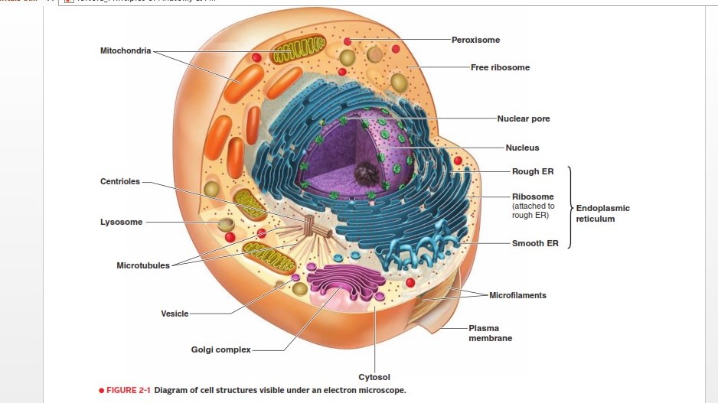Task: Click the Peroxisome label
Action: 475,39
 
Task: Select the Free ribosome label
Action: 500,67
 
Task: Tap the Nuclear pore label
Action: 523,119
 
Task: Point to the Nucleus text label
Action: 522,148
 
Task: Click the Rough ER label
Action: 533,171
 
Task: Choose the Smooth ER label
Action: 535,244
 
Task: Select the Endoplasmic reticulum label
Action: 602,213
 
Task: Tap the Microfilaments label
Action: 517,295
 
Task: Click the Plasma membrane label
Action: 490,333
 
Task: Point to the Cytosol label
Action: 374,377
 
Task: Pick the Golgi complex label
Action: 220,349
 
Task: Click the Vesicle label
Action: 175,314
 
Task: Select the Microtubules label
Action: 143,265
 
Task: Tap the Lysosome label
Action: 121,222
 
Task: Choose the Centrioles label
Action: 120,181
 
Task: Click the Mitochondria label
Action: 126,50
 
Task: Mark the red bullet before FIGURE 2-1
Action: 101,390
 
